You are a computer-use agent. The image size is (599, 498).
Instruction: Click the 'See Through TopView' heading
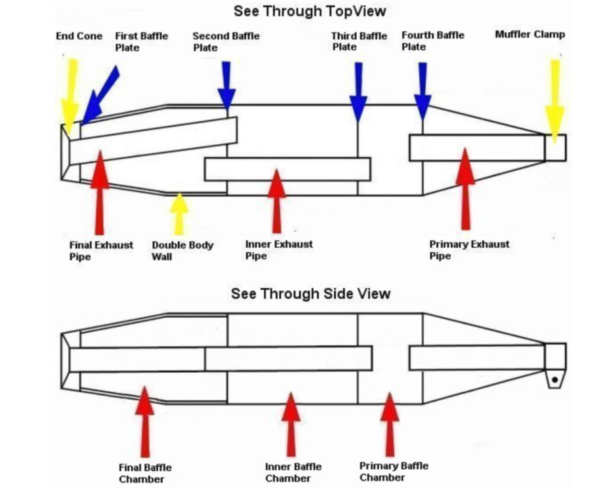point(310,11)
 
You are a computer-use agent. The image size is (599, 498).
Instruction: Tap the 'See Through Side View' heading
point(310,294)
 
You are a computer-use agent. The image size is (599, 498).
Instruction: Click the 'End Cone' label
point(79,36)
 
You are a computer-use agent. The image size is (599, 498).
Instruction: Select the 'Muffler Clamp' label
point(529,34)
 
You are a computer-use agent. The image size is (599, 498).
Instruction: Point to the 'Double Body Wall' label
point(182,250)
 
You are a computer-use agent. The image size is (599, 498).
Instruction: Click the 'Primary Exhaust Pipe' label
point(469,250)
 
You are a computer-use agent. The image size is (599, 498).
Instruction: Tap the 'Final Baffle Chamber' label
point(145,473)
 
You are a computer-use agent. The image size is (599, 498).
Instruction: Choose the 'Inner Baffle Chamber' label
point(293,472)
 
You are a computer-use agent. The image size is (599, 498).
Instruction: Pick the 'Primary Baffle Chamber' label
point(394,471)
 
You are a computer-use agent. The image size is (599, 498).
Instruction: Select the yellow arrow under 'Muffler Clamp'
point(555,98)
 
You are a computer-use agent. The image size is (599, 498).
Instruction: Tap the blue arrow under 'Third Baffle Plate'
point(358,92)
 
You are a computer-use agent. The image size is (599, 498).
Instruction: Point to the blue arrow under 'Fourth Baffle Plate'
point(423,92)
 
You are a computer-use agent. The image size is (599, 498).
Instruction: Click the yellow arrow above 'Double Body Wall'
point(178,213)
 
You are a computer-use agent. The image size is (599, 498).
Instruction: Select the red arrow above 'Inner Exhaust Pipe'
point(277,200)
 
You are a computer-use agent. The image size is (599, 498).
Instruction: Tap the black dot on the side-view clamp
point(555,379)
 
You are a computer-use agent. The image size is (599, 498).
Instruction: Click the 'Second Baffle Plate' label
point(226,41)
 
